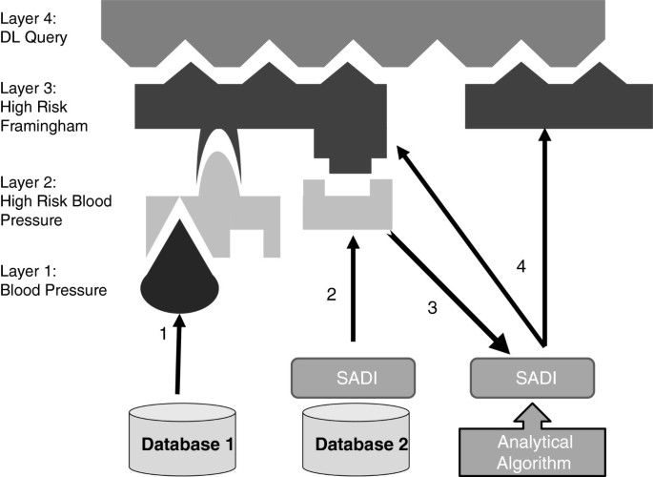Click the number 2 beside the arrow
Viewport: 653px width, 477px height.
[x=331, y=295]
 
